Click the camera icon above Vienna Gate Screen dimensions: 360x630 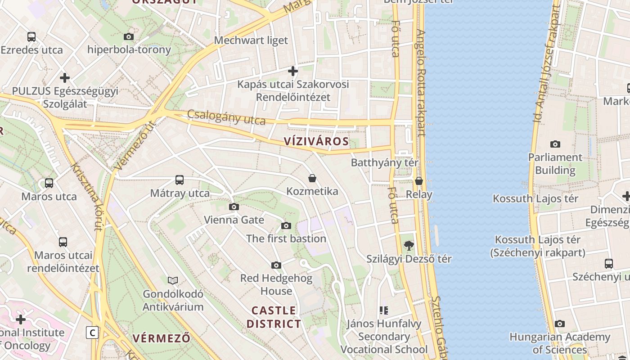click(x=234, y=207)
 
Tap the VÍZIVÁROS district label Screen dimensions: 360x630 click(x=316, y=141)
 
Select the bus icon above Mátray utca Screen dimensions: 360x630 click(x=180, y=180)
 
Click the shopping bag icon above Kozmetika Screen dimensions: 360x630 click(x=312, y=178)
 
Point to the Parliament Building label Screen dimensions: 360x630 click(x=555, y=164)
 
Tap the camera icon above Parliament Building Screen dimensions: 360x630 click(x=555, y=144)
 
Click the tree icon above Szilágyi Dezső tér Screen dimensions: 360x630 click(x=409, y=246)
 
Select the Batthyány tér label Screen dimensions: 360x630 click(x=385, y=162)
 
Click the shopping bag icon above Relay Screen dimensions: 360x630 click(x=419, y=181)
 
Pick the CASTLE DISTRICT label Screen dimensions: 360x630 click(x=274, y=317)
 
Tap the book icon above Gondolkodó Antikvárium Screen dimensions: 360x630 click(x=173, y=280)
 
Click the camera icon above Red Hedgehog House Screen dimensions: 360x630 click(x=276, y=265)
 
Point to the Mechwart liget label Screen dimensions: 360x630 click(x=251, y=40)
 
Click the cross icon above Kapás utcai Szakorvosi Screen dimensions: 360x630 click(x=293, y=71)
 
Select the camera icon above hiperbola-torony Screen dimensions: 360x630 click(x=129, y=36)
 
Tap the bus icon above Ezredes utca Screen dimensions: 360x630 click(x=31, y=37)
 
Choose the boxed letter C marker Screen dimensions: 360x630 click(x=92, y=333)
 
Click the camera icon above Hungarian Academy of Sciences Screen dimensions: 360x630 click(x=560, y=324)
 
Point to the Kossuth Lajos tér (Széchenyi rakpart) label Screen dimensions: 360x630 click(x=538, y=246)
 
